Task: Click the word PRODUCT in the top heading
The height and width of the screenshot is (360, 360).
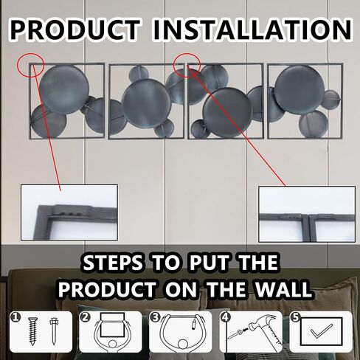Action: click(x=75, y=30)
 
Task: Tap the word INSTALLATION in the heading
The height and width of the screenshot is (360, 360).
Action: click(x=252, y=30)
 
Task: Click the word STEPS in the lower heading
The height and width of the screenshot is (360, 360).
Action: click(x=113, y=263)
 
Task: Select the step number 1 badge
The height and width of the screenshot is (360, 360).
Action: click(x=15, y=317)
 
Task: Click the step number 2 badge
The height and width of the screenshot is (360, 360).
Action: click(x=85, y=317)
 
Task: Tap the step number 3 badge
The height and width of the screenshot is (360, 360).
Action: click(x=155, y=317)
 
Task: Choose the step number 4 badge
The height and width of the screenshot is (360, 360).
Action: click(x=226, y=316)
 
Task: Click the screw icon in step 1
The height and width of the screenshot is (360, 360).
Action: click(x=32, y=331)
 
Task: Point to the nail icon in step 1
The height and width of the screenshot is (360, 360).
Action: click(x=53, y=331)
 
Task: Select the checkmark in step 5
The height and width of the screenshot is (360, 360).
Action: click(x=322, y=331)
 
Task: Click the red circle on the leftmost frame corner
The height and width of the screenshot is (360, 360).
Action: click(x=31, y=65)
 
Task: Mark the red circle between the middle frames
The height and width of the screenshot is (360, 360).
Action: click(x=187, y=66)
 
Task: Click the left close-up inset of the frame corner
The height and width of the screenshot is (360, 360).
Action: click(x=69, y=212)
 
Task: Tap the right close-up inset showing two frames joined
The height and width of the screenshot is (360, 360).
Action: click(x=307, y=214)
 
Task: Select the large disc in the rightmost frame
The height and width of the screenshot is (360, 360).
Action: click(x=300, y=90)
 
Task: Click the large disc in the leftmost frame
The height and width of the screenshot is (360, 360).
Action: click(x=64, y=90)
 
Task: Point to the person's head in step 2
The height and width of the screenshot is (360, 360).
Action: click(x=113, y=344)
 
